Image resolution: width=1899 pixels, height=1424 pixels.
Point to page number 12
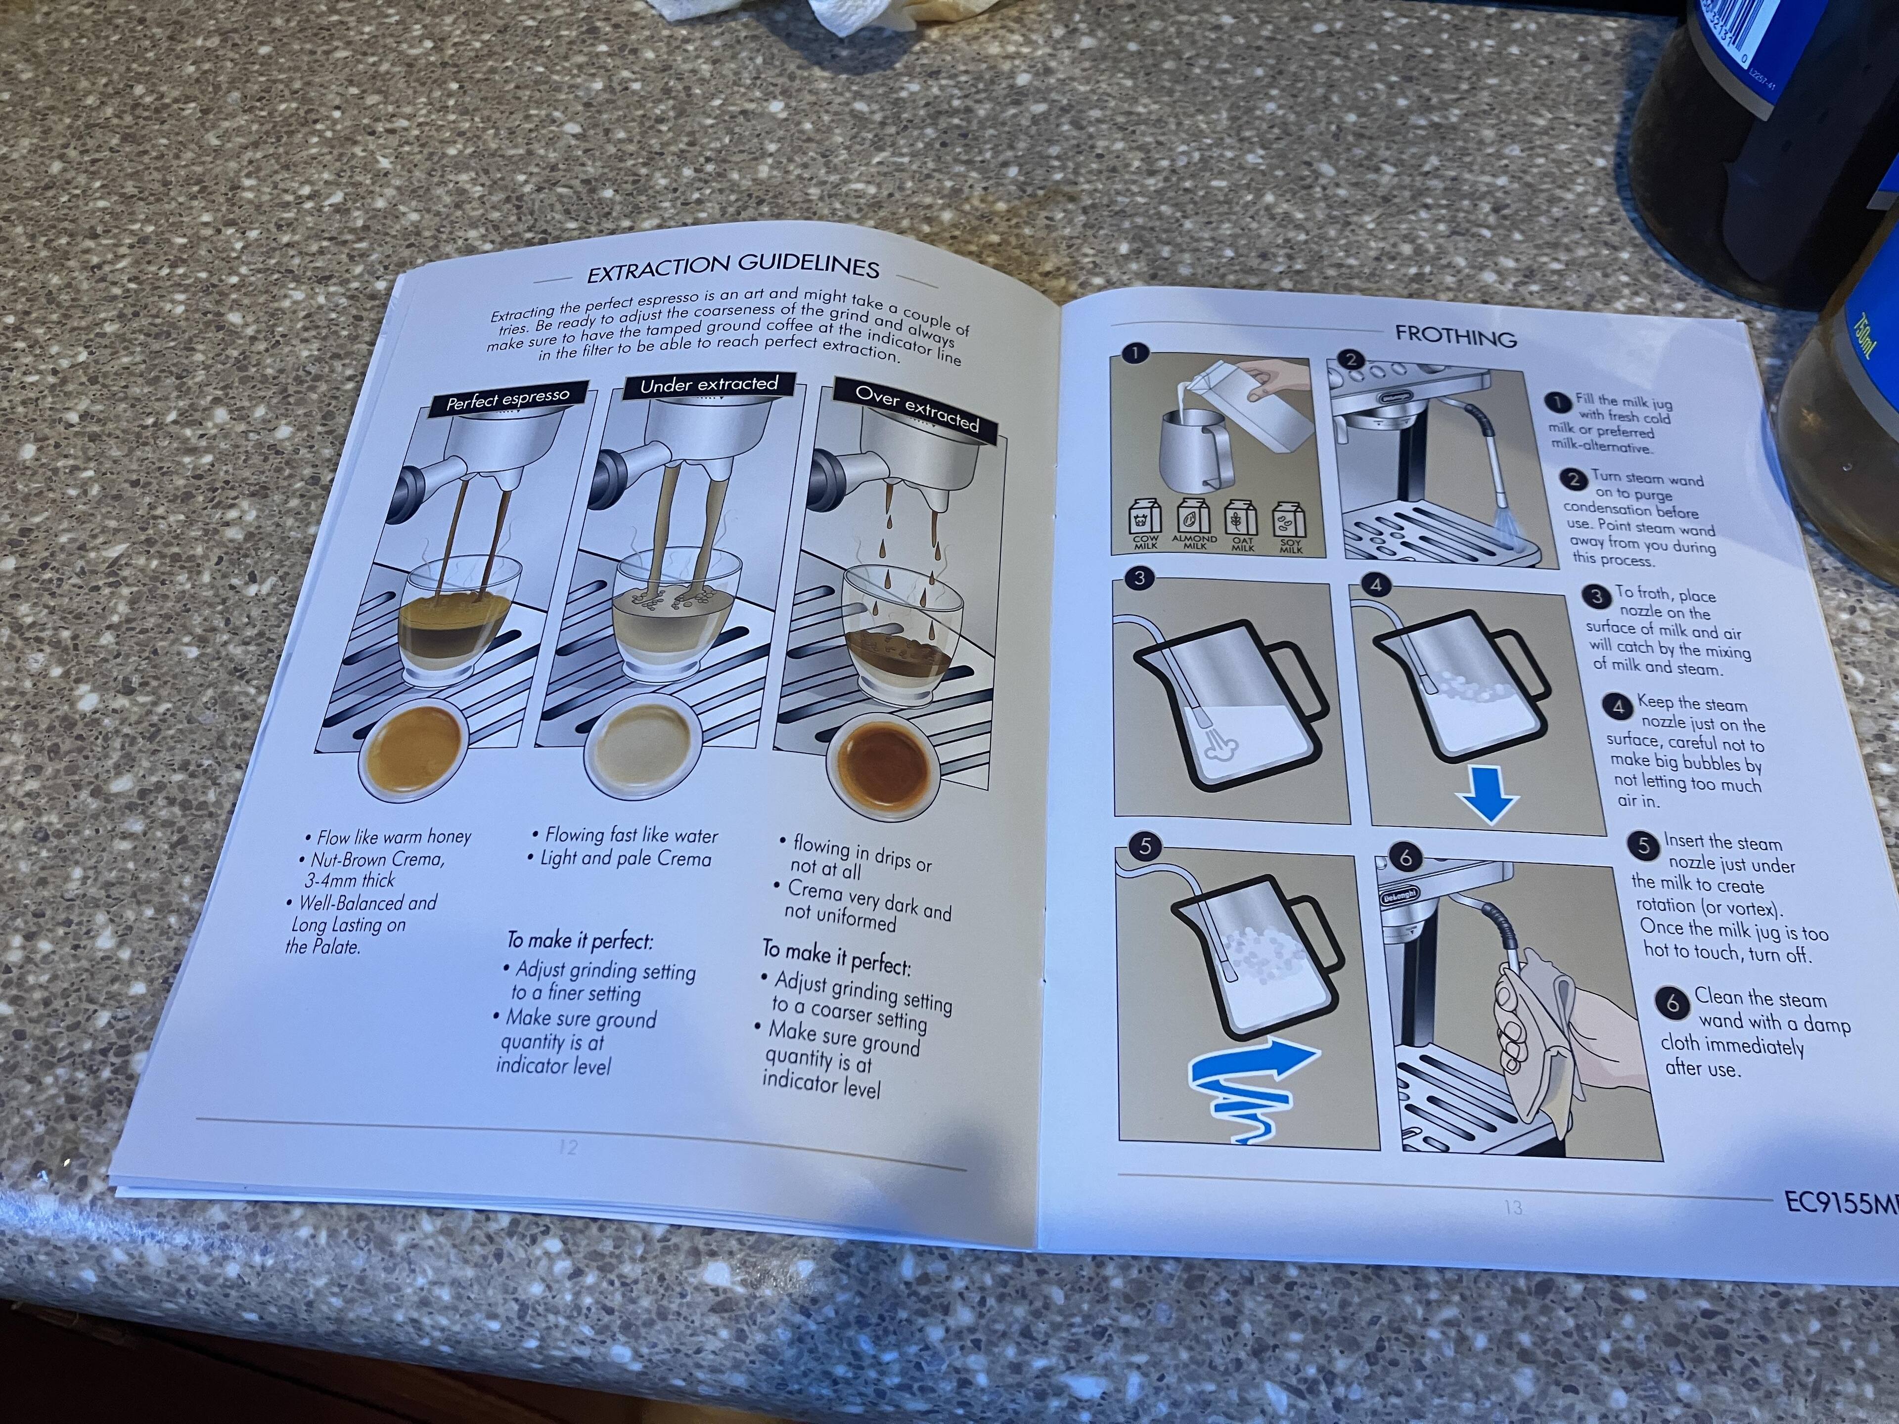[x=567, y=1146]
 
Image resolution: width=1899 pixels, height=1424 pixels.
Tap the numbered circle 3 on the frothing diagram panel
[x=1139, y=578]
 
